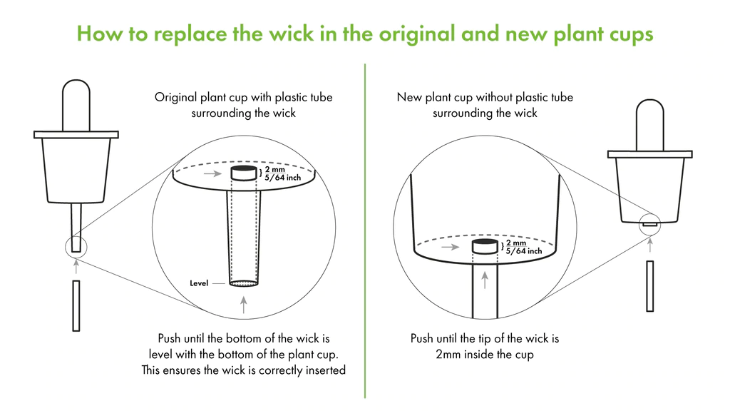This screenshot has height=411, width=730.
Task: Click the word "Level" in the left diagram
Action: (199, 283)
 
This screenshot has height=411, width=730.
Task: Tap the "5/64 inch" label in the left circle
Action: (283, 178)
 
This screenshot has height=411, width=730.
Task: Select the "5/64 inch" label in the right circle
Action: (524, 250)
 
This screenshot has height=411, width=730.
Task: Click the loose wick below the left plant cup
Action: (76, 305)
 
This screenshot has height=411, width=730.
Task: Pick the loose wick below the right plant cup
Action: (650, 286)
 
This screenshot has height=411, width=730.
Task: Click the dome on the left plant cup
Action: (76, 106)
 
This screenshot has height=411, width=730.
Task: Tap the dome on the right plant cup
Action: (650, 125)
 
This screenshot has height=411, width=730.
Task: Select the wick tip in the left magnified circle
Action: (244, 173)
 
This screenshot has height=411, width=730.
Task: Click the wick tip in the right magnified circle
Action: (485, 246)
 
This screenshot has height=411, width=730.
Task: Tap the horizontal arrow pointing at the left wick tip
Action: (212, 174)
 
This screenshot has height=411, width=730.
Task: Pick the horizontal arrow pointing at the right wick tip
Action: (451, 247)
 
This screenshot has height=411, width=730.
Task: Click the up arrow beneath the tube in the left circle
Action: (244, 305)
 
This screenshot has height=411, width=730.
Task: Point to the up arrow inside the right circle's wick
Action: (485, 280)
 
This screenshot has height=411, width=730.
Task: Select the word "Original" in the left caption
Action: (175, 97)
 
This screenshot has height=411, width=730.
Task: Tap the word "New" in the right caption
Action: (409, 97)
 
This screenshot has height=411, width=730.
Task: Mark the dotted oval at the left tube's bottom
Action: (244, 283)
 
